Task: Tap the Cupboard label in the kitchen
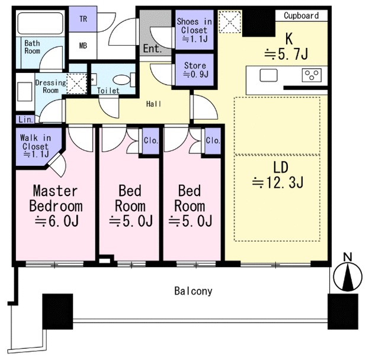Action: click(x=301, y=16)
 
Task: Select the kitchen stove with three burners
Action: click(x=311, y=75)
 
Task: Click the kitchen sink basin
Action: click(x=268, y=75)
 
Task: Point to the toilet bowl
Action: click(x=121, y=80)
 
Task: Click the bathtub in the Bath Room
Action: click(x=40, y=24)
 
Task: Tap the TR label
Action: click(x=83, y=19)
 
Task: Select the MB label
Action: click(x=83, y=46)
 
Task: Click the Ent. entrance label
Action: click(x=152, y=49)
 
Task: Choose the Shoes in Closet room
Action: click(x=194, y=30)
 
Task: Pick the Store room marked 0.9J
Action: click(x=195, y=70)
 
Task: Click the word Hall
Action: click(x=154, y=104)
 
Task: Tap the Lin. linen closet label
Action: click(x=25, y=120)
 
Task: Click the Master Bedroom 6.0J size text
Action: click(x=57, y=221)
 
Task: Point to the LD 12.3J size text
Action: click(x=278, y=182)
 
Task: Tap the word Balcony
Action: click(x=194, y=291)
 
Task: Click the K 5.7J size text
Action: click(x=286, y=54)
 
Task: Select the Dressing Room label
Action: click(x=50, y=86)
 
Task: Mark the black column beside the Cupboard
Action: click(x=259, y=23)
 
